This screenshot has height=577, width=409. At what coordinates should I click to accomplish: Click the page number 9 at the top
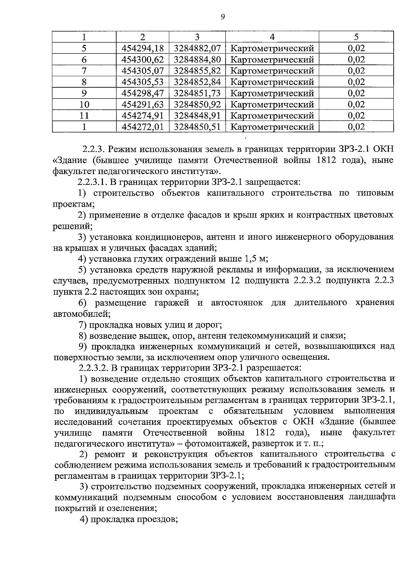tap(223, 17)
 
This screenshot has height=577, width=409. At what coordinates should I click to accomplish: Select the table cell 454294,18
tap(142, 48)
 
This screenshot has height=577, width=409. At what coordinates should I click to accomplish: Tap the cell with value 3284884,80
tap(197, 60)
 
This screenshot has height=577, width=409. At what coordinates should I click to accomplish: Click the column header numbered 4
tap(272, 37)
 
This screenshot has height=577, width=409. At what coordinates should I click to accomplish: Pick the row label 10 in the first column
tap(84, 105)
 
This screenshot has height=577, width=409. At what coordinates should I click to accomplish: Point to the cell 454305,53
tap(142, 82)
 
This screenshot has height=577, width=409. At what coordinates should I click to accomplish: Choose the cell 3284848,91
tap(197, 116)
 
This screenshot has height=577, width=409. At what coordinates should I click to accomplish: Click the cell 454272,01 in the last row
tap(142, 127)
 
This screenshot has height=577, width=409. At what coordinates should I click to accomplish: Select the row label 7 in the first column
tap(84, 71)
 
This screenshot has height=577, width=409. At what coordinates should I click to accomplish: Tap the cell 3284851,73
tap(197, 93)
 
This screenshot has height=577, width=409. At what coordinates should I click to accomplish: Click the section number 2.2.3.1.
tap(93, 182)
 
